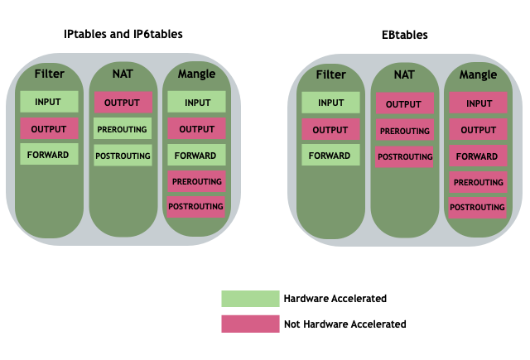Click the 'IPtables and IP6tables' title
click(x=123, y=35)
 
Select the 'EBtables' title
click(x=405, y=36)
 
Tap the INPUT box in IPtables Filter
click(x=49, y=103)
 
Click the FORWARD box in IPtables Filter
click(x=49, y=155)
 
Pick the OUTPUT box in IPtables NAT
click(x=123, y=103)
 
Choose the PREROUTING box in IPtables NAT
click(x=123, y=129)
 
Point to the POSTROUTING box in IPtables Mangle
click(x=196, y=206)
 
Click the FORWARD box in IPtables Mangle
click(x=196, y=155)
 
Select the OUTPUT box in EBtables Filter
click(x=330, y=129)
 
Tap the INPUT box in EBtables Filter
click(x=330, y=103)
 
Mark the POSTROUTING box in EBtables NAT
click(x=404, y=156)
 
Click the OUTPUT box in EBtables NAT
click(x=404, y=104)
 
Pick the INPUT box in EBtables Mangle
click(x=478, y=103)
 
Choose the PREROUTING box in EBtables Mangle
click(x=478, y=182)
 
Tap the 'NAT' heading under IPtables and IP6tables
click(x=123, y=74)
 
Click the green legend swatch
click(x=250, y=299)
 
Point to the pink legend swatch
click(x=250, y=324)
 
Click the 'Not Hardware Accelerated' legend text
click(x=344, y=324)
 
